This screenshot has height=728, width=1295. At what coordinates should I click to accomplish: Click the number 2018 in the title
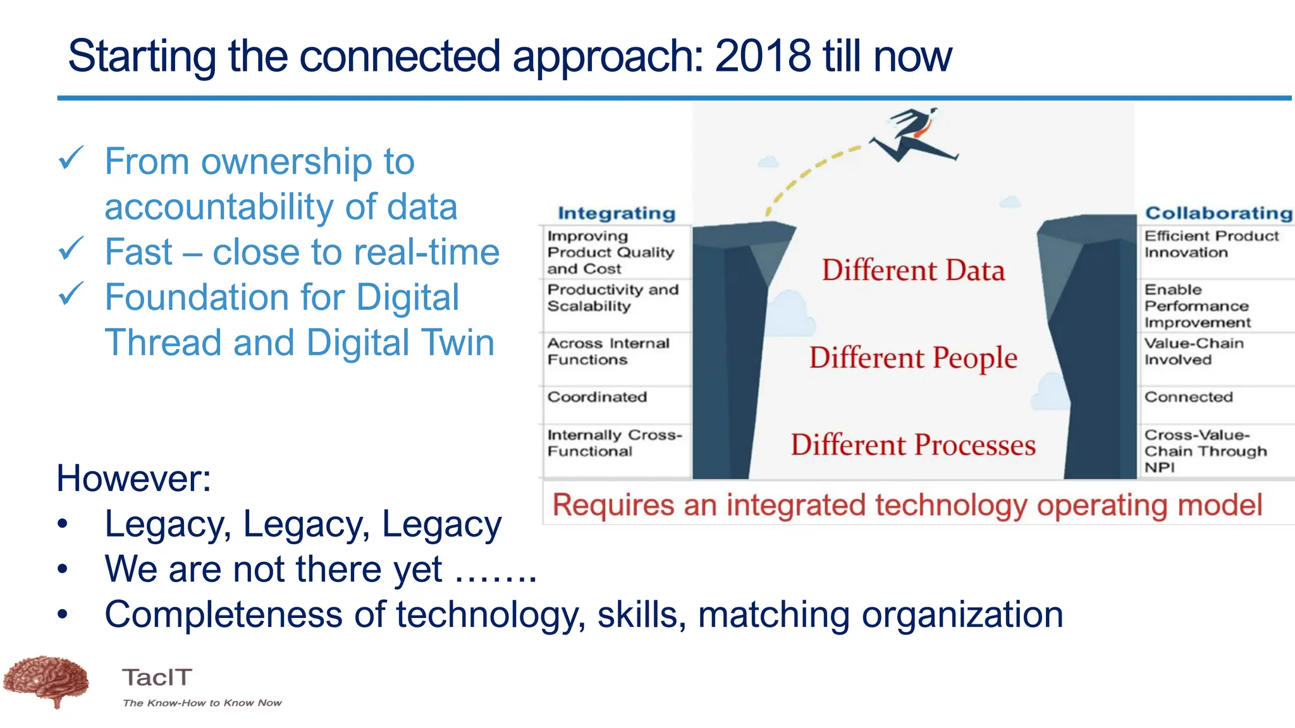763,56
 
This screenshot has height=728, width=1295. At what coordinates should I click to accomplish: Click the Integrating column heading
617,214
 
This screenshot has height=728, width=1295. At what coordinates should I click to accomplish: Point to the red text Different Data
913,270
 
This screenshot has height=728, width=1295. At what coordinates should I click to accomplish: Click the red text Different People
913,358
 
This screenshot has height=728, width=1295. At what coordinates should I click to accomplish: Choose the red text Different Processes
913,445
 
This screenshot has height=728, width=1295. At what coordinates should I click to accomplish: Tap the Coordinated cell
597,397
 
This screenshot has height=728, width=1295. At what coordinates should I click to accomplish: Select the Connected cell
1188,397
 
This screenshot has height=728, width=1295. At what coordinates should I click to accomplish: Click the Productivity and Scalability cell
612,298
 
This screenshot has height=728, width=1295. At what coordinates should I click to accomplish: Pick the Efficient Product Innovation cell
1210,244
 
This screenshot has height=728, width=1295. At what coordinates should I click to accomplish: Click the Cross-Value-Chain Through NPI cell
1205,451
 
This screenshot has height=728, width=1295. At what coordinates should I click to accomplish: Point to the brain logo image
46,681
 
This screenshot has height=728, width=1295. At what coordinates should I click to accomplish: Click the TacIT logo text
157,677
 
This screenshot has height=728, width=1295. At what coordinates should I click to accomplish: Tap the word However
133,478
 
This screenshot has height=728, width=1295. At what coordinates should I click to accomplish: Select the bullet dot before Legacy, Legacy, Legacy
62,525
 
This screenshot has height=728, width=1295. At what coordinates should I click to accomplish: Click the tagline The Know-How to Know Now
202,703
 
